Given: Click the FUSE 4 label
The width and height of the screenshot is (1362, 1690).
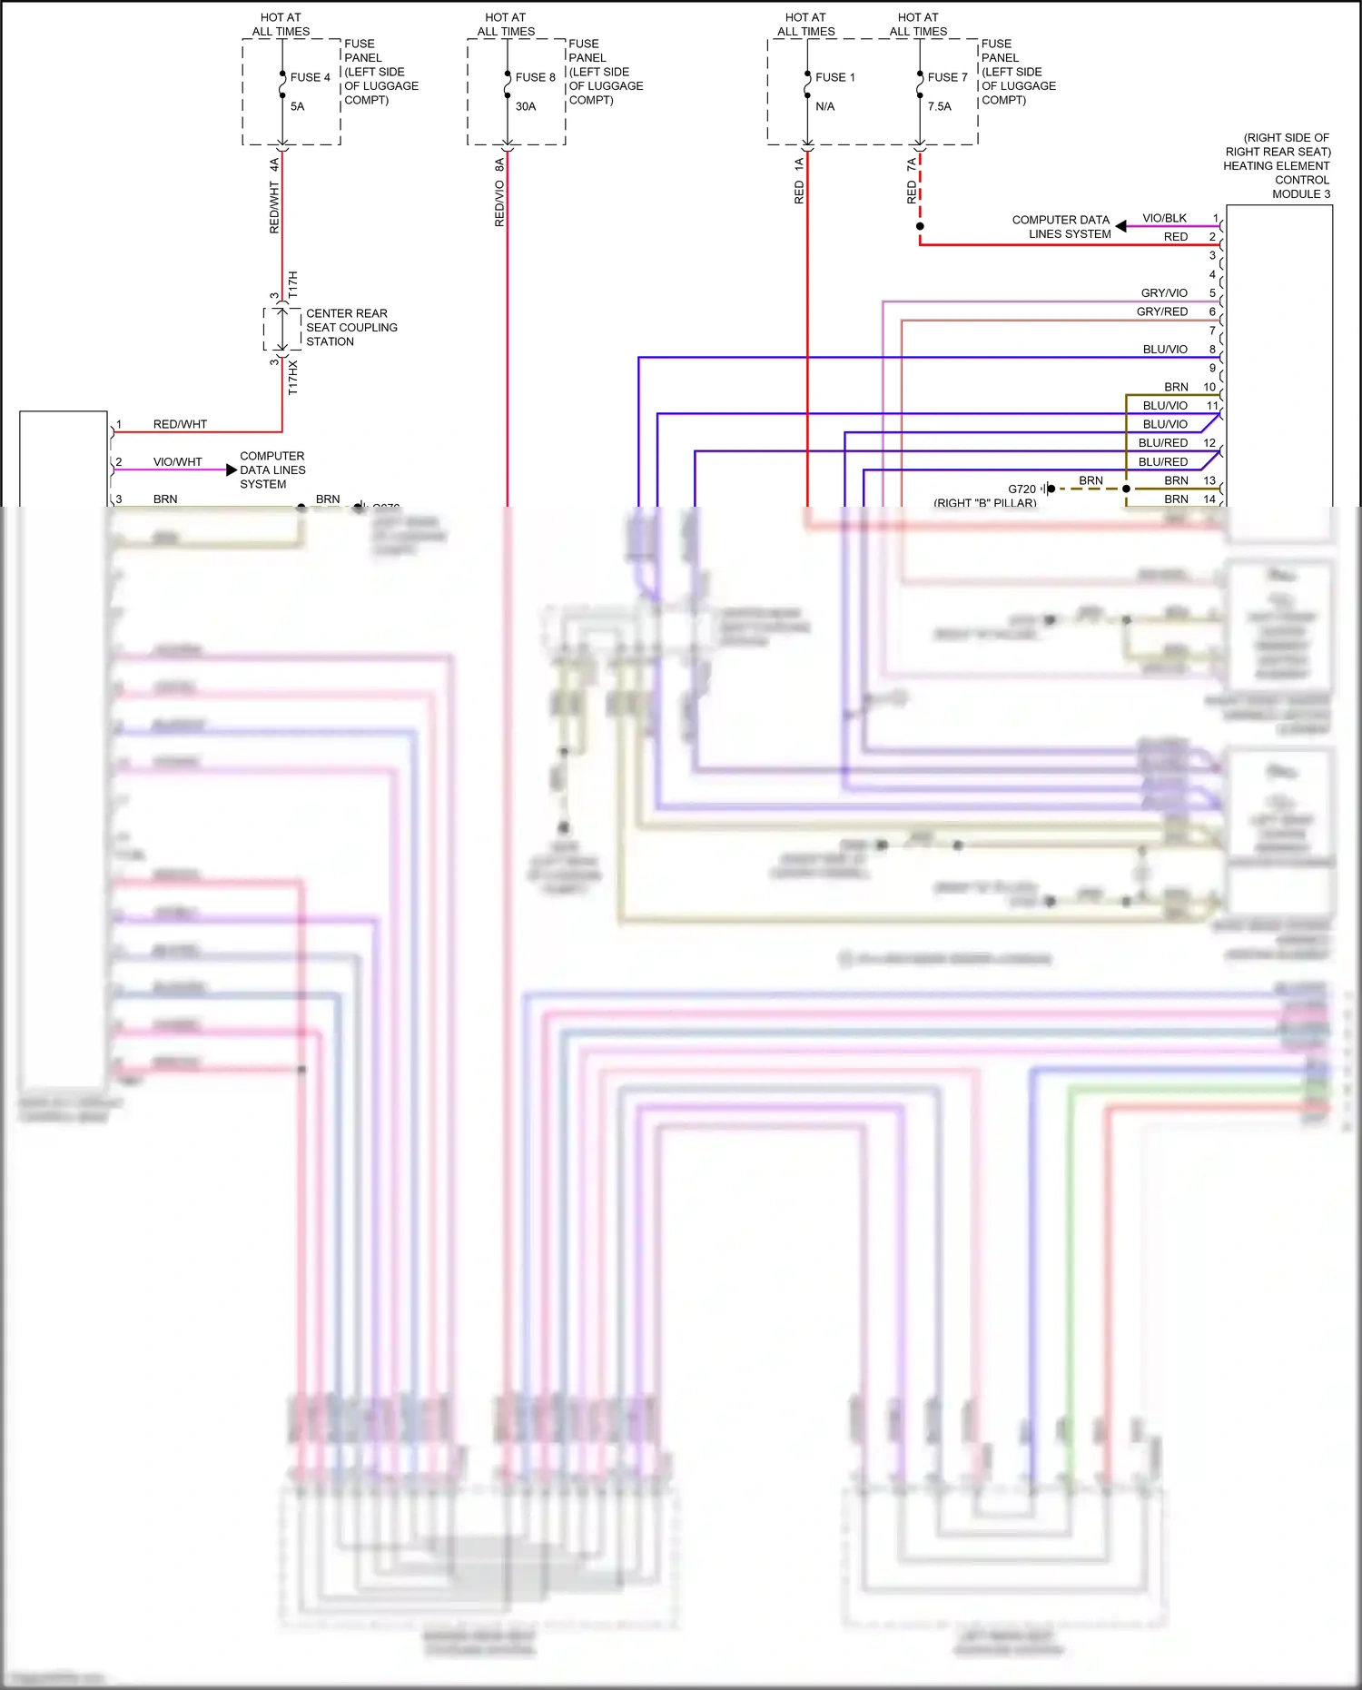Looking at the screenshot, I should (310, 77).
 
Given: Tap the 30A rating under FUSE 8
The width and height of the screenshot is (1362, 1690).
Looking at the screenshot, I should (526, 106).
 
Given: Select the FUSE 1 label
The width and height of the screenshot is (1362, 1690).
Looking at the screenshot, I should (834, 77).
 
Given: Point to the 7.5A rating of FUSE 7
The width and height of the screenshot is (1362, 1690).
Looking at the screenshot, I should (940, 106).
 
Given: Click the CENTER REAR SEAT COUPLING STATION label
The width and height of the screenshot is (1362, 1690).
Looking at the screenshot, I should (350, 327).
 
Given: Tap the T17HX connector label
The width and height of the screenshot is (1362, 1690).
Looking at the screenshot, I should (292, 377).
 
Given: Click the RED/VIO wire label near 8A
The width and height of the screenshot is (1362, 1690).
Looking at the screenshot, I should (499, 203).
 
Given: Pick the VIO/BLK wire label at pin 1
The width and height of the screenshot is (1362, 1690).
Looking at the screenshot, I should (1164, 218).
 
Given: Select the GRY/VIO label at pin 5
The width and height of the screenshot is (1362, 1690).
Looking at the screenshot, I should (1164, 292).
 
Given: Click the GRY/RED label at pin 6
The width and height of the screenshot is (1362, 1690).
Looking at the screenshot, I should (1162, 311).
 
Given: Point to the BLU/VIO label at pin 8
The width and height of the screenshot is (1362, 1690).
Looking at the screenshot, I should (1165, 349).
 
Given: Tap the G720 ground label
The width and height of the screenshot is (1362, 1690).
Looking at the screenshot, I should (1021, 489).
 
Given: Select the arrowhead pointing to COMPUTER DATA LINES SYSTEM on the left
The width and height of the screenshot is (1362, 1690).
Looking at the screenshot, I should (232, 469).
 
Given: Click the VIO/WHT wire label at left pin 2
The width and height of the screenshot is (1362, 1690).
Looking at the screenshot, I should (177, 461).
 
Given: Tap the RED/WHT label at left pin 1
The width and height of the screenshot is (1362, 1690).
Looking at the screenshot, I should (180, 424).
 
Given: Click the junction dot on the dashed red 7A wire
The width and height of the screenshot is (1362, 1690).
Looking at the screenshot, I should (920, 226).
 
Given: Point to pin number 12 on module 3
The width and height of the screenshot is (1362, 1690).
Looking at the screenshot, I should (1209, 442).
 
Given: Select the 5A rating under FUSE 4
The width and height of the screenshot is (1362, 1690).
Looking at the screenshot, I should (298, 106).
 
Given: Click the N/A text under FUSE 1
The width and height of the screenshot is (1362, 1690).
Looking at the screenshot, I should (824, 106).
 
